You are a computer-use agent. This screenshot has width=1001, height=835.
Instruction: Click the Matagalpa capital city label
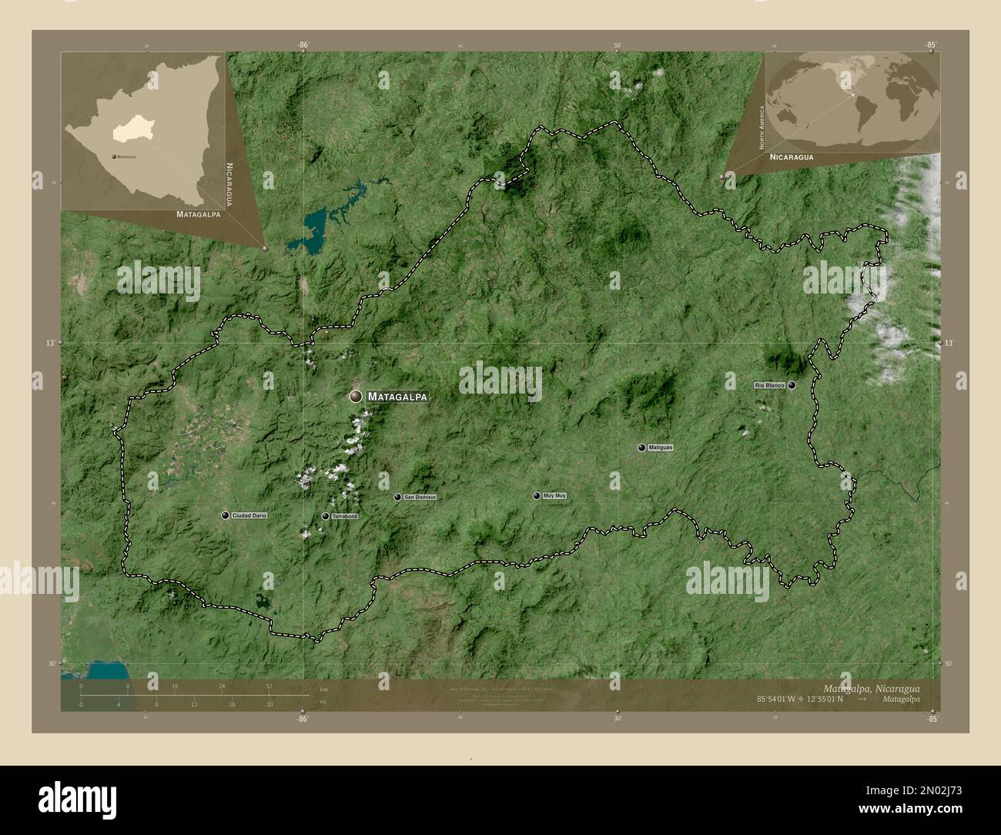point(397,397)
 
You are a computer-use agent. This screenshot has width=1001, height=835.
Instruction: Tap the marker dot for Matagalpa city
point(356,396)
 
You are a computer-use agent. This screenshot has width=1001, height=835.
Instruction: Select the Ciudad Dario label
point(244,515)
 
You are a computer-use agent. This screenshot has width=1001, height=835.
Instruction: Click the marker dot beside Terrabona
point(326,516)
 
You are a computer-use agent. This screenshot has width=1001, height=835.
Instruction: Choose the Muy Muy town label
point(554,496)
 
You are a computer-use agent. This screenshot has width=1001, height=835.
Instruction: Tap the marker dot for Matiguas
point(641,448)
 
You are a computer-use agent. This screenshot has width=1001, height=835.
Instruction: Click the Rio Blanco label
point(769,384)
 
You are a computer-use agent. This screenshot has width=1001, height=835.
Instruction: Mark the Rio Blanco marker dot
point(792,384)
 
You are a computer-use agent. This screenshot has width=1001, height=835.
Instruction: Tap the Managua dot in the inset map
point(114,156)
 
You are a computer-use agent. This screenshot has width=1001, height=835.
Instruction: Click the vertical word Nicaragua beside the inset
point(229,184)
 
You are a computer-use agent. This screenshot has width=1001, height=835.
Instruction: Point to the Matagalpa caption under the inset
point(198,214)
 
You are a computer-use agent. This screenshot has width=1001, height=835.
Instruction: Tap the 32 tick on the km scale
point(269,686)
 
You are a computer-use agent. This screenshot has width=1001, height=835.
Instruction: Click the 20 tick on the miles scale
point(269,704)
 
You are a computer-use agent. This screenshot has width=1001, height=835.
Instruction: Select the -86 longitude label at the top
point(303,45)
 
